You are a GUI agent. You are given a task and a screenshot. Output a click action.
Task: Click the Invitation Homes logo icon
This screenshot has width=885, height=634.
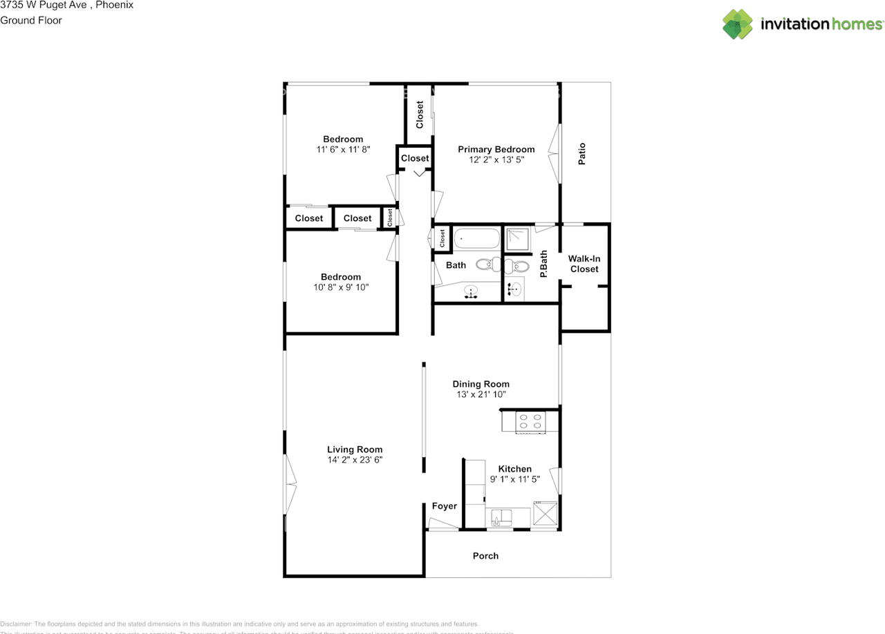coord(738,23)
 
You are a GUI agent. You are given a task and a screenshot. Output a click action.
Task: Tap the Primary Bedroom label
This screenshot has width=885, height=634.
coord(496,149)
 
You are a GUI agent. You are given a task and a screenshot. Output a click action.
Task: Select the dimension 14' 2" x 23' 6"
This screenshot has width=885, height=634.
coord(355,459)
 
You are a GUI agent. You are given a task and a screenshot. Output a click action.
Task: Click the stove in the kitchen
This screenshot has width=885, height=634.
coord(531,422)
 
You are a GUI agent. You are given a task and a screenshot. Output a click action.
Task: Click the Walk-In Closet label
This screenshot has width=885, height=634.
coord(584,263)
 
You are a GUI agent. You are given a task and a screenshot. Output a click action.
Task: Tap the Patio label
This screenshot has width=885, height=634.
coord(581,154)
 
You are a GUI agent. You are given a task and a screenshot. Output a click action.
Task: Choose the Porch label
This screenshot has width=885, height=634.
coord(485,555)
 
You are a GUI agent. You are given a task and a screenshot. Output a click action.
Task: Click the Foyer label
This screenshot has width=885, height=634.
coord(444,506)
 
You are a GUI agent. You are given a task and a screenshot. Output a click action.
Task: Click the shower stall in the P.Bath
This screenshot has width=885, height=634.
coord(516,239)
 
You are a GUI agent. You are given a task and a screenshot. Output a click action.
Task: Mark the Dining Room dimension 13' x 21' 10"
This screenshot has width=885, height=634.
coord(481,394)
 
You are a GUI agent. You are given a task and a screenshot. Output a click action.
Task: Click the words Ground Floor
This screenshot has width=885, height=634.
coord(31,20)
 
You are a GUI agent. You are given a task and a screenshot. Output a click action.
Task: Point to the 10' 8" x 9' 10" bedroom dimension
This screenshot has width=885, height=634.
coord(340,287)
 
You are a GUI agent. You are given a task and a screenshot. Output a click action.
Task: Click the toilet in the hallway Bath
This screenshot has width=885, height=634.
coord(488,264)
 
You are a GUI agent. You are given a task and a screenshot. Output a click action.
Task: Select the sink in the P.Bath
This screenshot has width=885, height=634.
coord(514,289)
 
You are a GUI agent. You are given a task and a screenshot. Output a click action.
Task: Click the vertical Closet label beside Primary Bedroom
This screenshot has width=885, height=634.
coord(419,115)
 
